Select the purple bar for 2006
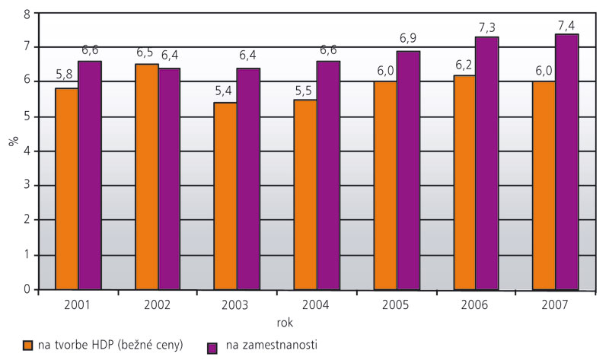[487, 163]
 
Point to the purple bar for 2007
[567, 161]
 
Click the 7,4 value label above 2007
[567, 24]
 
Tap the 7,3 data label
[488, 27]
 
